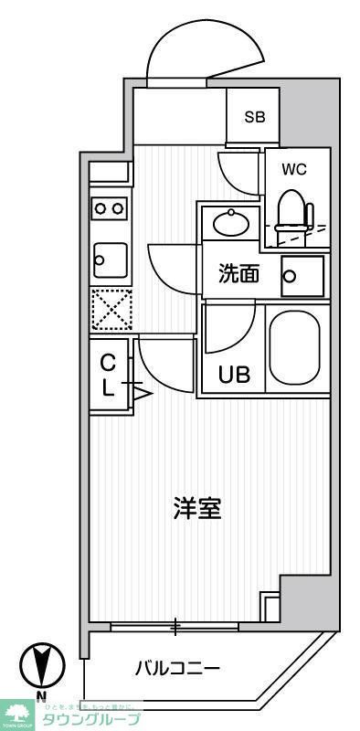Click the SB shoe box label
point(254,116)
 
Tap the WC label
point(293,169)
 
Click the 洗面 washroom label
point(238,274)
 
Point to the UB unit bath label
point(233,374)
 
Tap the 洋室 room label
point(197,508)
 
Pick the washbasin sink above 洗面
point(232,223)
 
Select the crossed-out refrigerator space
point(111,310)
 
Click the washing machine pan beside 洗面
point(302,275)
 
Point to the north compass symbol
point(41,666)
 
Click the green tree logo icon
point(18,714)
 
